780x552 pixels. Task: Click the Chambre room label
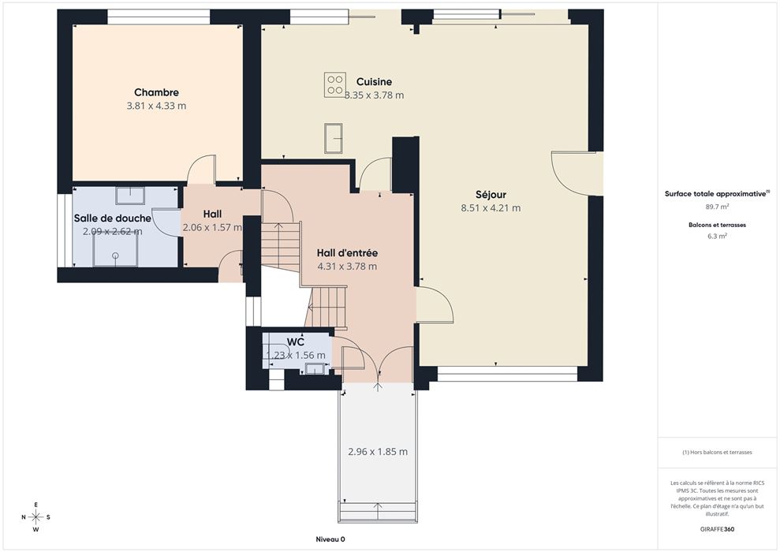pyautogui.click(x=156, y=92)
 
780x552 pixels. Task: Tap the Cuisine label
pyautogui.click(x=374, y=81)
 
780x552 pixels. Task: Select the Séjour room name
pyautogui.click(x=491, y=195)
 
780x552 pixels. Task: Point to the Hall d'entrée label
pyautogui.click(x=347, y=252)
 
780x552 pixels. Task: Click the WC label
pyautogui.click(x=296, y=342)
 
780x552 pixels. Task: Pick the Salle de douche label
pyautogui.click(x=113, y=218)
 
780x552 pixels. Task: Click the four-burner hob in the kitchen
pyautogui.click(x=334, y=85)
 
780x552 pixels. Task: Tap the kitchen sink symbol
pyautogui.click(x=334, y=138)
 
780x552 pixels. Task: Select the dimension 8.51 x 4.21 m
pyautogui.click(x=491, y=208)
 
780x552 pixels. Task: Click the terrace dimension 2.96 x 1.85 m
pyautogui.click(x=378, y=452)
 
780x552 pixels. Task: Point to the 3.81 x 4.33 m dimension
pyautogui.click(x=156, y=106)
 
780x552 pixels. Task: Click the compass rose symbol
pyautogui.click(x=35, y=517)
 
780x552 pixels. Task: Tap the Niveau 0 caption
pyautogui.click(x=330, y=539)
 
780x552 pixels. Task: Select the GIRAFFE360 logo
pyautogui.click(x=717, y=529)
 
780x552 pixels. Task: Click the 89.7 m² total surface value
pyautogui.click(x=718, y=207)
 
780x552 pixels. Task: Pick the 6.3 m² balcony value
pyautogui.click(x=718, y=237)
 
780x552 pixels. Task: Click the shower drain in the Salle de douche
pyautogui.click(x=115, y=255)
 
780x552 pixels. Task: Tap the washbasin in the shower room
pyautogui.click(x=130, y=196)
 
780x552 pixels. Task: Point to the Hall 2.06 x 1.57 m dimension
pyautogui.click(x=212, y=227)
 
